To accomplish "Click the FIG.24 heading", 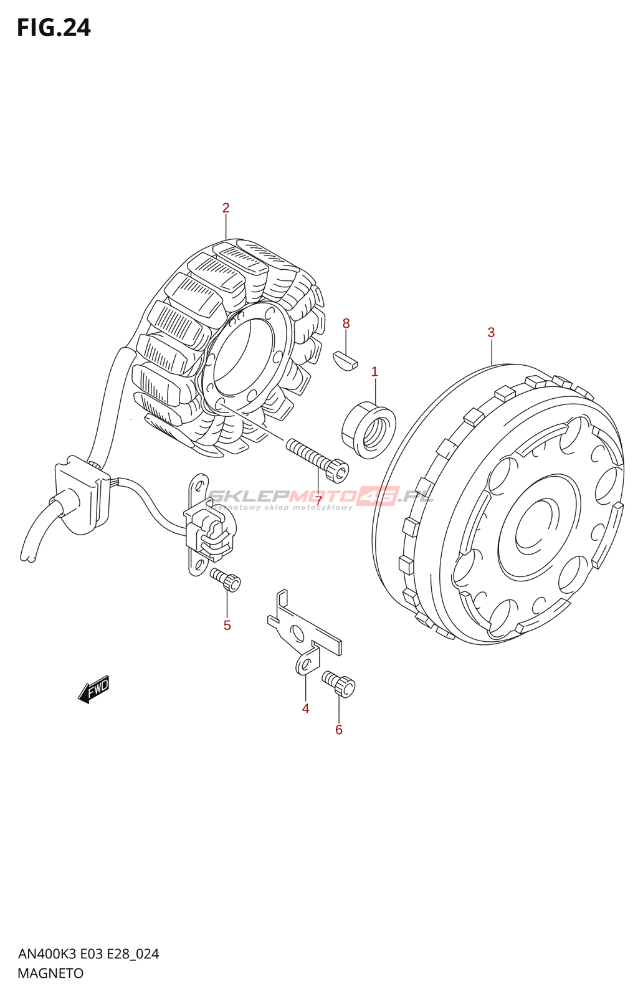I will [54, 28].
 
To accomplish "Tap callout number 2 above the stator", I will [226, 208].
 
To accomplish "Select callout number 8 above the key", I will [346, 323].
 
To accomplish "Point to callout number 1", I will [374, 372].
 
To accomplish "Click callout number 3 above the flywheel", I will [491, 332].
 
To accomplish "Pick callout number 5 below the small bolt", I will [227, 625].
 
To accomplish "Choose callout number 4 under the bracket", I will [305, 708].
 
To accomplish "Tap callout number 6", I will [339, 730].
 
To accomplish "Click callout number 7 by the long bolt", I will [318, 500].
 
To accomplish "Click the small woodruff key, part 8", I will [345, 360].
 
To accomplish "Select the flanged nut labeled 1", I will [369, 430].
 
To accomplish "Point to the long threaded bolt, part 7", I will [317, 460].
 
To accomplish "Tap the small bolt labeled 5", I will [226, 579].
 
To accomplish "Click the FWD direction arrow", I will [93, 689].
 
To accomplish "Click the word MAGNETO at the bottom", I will [50, 973].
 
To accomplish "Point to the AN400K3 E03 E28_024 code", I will [88, 954].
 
